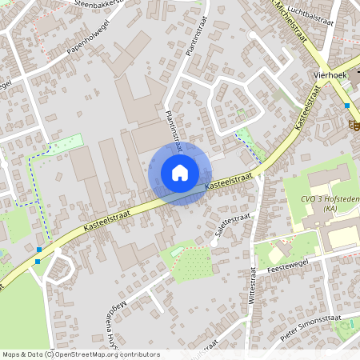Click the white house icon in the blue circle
179,173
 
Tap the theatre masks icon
352,124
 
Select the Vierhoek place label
326,75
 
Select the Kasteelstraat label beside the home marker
230,181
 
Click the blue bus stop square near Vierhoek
347,105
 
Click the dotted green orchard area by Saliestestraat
192,262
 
